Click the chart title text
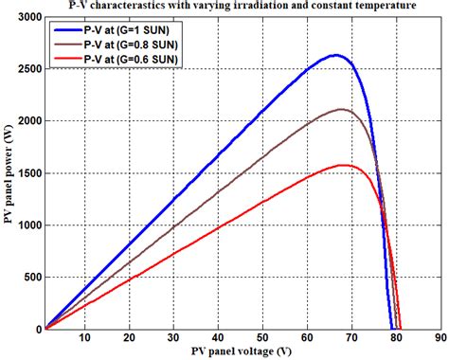[242, 7]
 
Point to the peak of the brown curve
[343, 110]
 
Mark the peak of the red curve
[347, 165]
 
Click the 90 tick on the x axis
[438, 338]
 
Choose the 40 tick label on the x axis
[218, 338]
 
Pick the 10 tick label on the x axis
[86, 338]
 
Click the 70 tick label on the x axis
[350, 338]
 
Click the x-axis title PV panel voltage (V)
[241, 352]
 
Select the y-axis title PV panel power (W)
[8, 174]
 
